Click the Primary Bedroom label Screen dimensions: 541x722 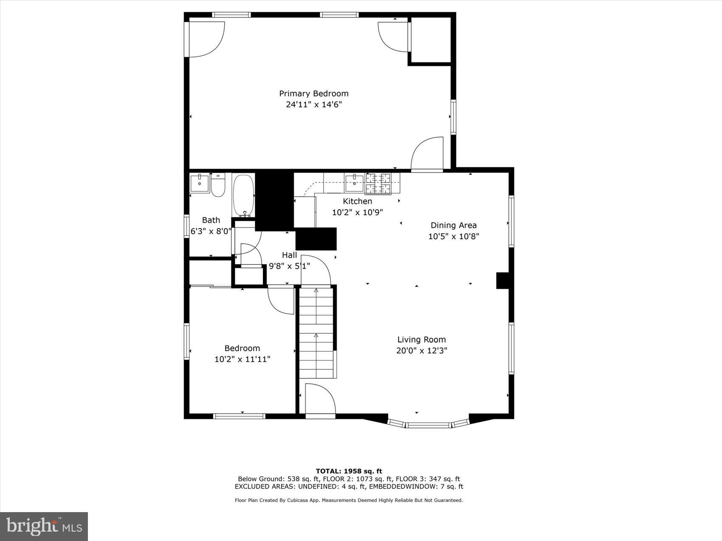(x=313, y=93)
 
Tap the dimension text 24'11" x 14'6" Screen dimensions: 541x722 (x=313, y=104)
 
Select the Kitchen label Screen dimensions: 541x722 (x=357, y=201)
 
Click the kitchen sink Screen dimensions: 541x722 (x=354, y=183)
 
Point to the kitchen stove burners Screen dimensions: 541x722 (x=378, y=183)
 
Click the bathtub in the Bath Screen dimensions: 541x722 (x=243, y=195)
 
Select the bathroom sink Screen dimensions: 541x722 (x=199, y=183)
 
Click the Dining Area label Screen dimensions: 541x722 (x=453, y=225)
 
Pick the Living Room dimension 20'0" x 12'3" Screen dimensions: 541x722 (x=421, y=351)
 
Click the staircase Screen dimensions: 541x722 (x=316, y=333)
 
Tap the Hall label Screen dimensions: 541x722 (x=289, y=255)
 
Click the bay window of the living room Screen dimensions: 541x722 (x=428, y=424)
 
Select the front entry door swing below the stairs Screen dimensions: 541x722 (x=319, y=399)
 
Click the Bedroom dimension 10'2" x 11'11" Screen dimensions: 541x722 (x=242, y=359)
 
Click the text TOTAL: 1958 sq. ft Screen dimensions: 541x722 (x=349, y=471)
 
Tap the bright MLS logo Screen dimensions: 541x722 (x=44, y=527)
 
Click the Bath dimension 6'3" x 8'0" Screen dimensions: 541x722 (x=211, y=231)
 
